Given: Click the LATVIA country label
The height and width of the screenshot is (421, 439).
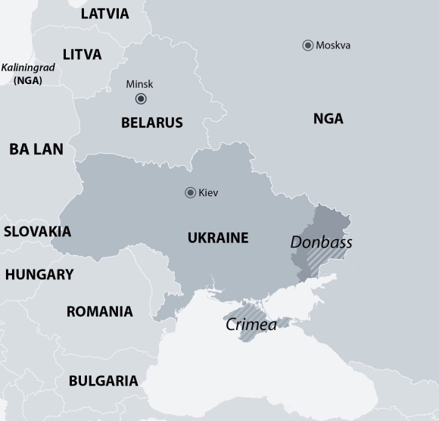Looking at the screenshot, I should [104, 14].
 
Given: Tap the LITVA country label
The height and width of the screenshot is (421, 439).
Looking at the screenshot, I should [82, 55].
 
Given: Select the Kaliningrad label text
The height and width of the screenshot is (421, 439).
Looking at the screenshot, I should [28, 67].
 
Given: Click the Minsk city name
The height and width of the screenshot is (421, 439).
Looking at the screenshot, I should [139, 84].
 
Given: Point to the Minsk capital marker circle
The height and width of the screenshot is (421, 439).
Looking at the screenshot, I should [141, 99].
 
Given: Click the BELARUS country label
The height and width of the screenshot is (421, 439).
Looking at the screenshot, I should [151, 123].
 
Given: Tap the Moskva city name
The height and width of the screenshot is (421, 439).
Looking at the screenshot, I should [333, 45].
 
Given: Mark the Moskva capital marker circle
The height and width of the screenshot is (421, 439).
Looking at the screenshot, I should [308, 45].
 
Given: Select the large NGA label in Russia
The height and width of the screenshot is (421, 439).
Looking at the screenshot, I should [328, 119].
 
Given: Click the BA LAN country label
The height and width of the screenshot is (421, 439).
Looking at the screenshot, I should [36, 150].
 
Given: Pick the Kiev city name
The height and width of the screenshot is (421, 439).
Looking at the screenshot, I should [208, 193].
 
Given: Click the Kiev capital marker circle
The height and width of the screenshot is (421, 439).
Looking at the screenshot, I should [191, 193].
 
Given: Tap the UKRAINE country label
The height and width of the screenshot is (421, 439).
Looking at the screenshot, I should [218, 238].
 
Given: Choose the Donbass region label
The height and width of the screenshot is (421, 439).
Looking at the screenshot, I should [321, 243].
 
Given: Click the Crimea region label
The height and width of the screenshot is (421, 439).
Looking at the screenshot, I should [251, 324].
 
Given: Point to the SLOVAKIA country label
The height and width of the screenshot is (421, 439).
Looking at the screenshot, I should [37, 232].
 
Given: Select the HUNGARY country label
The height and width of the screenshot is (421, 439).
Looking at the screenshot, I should [39, 275].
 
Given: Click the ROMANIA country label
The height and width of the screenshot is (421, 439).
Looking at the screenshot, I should [99, 311].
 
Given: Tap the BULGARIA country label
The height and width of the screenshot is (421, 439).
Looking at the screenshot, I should [103, 381].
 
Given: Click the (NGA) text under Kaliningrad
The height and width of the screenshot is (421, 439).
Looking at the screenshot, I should [28, 80].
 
